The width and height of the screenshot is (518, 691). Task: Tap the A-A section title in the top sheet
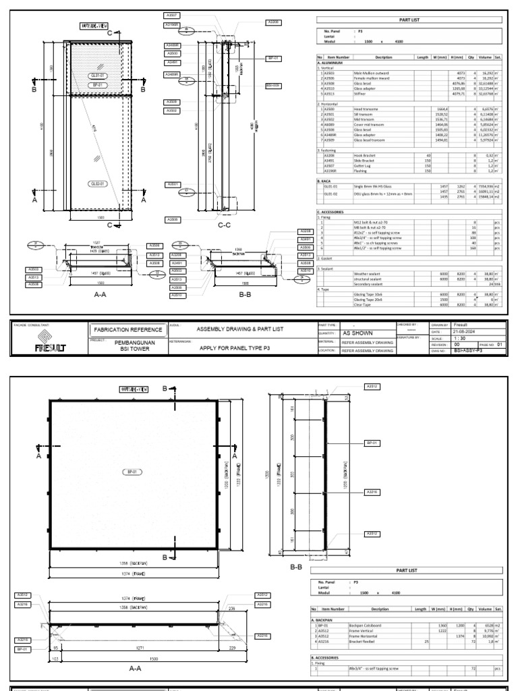(85, 294)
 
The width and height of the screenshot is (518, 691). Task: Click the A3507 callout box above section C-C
(172, 14)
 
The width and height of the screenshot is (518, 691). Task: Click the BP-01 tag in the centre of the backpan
(128, 472)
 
